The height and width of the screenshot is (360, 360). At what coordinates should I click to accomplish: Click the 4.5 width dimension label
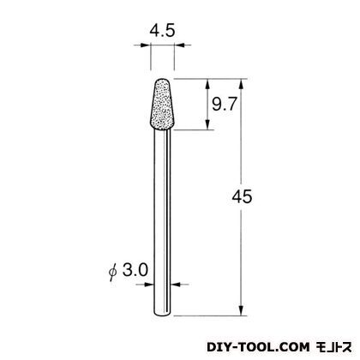[162, 31]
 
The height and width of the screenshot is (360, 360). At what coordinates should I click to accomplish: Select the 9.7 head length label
[225, 104]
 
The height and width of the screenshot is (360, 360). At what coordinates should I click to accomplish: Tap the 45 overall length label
[242, 196]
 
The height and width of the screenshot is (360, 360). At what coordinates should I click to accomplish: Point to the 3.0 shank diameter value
[135, 270]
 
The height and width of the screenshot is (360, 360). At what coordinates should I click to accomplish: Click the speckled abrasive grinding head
[162, 105]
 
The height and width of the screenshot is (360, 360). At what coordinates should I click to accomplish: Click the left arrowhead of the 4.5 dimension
[146, 45]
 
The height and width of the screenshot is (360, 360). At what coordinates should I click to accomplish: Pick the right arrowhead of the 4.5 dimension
[179, 45]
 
